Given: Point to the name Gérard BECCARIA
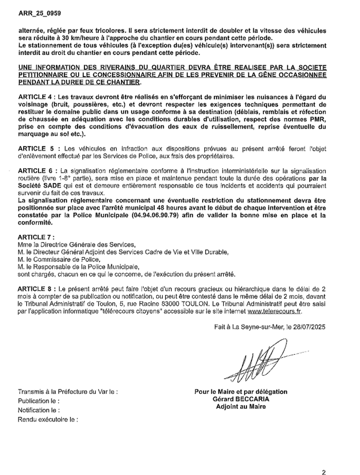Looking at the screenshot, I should point(241,399).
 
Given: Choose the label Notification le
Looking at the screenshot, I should point(38,410).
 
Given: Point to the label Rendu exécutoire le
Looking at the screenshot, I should point(48,419).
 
